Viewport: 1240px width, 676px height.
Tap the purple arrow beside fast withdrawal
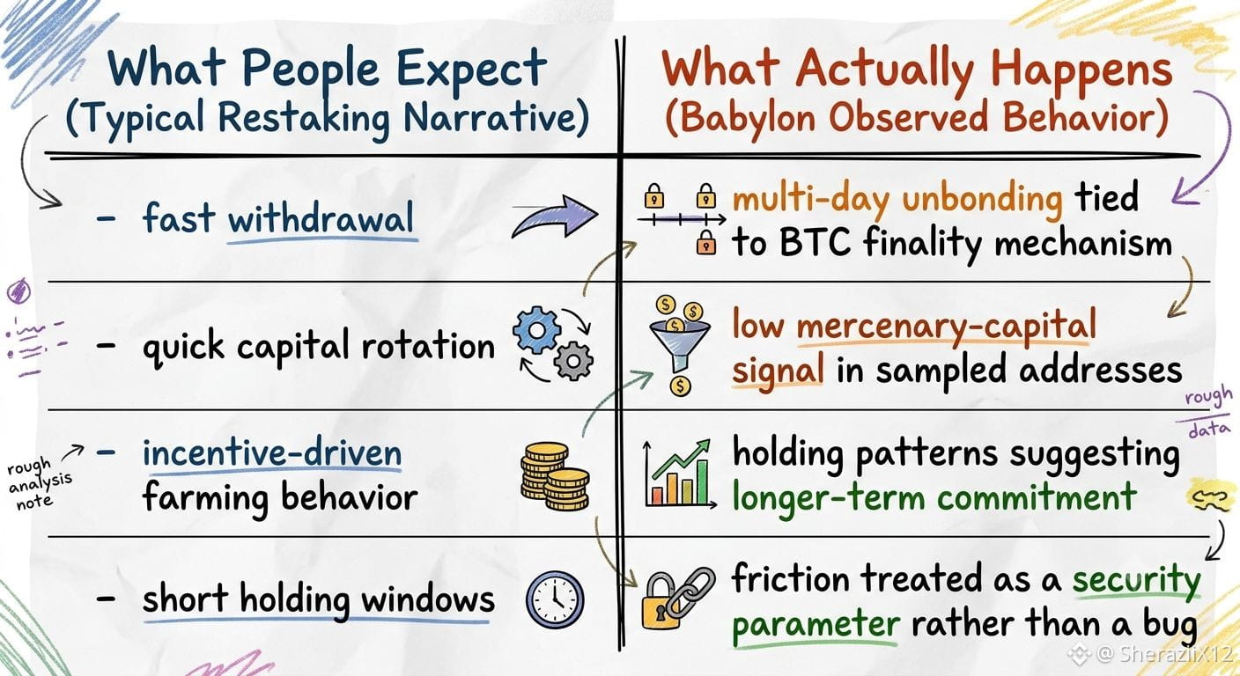555,217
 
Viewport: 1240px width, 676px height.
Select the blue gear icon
535,330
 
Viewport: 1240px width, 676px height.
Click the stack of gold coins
555,475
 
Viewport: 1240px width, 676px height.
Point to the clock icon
555,599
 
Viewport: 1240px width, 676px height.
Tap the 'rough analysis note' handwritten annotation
39,481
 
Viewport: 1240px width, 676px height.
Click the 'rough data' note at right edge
1208,412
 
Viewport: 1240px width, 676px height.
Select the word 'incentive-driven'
272,453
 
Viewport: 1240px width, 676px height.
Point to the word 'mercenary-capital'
946,326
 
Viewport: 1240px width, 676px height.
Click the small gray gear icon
573,361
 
